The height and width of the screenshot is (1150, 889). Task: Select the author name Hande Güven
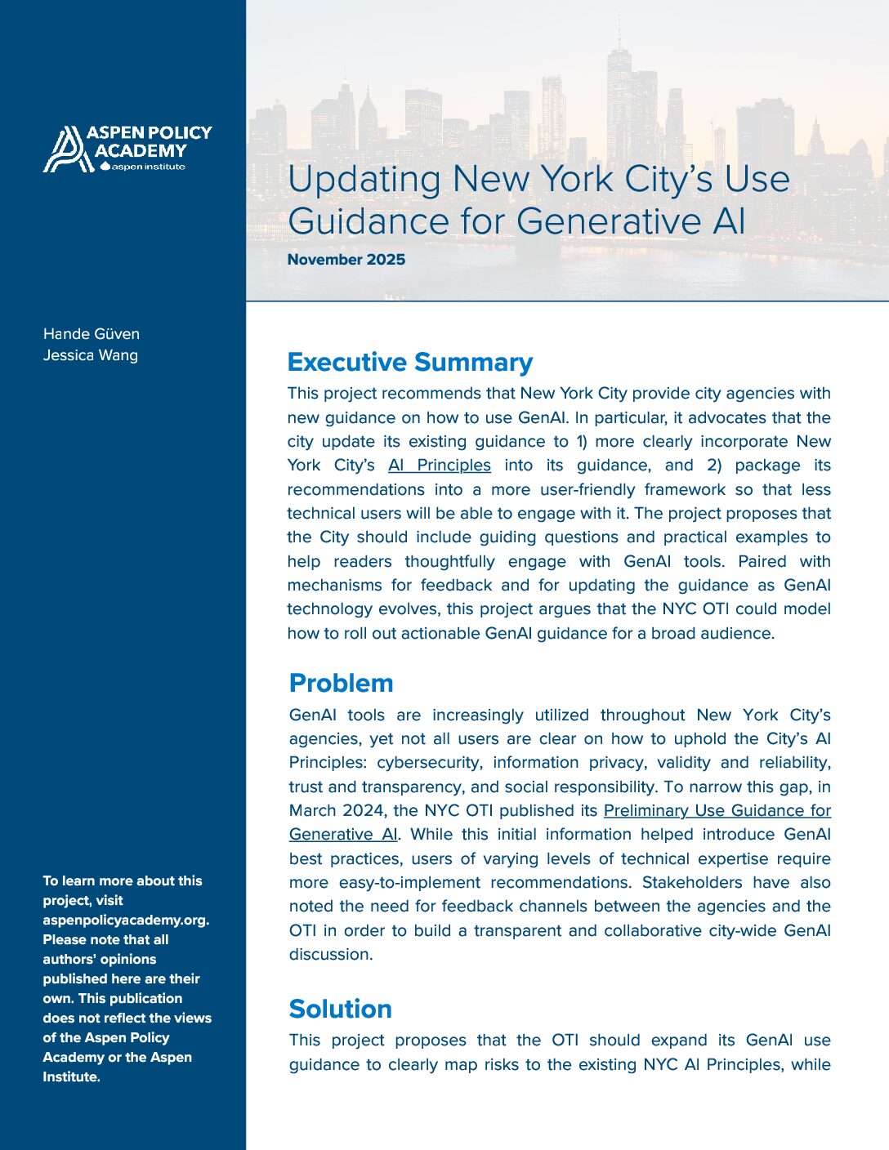pyautogui.click(x=92, y=333)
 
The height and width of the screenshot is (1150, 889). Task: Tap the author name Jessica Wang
pyautogui.click(x=91, y=354)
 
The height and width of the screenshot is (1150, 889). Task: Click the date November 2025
pyautogui.click(x=346, y=260)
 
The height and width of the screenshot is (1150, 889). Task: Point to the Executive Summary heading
pyautogui.click(x=410, y=362)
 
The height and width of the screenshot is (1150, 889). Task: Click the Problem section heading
pyautogui.click(x=341, y=683)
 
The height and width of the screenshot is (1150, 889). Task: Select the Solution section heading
pyautogui.click(x=340, y=1009)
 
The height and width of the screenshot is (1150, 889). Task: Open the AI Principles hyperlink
pyautogui.click(x=440, y=465)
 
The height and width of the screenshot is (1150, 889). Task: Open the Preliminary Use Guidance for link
pyautogui.click(x=717, y=810)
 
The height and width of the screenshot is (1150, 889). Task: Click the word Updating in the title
pyautogui.click(x=364, y=180)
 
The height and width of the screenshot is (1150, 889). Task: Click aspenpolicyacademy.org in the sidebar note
pyautogui.click(x=126, y=920)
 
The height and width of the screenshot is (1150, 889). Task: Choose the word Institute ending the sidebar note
pyautogui.click(x=70, y=1076)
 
